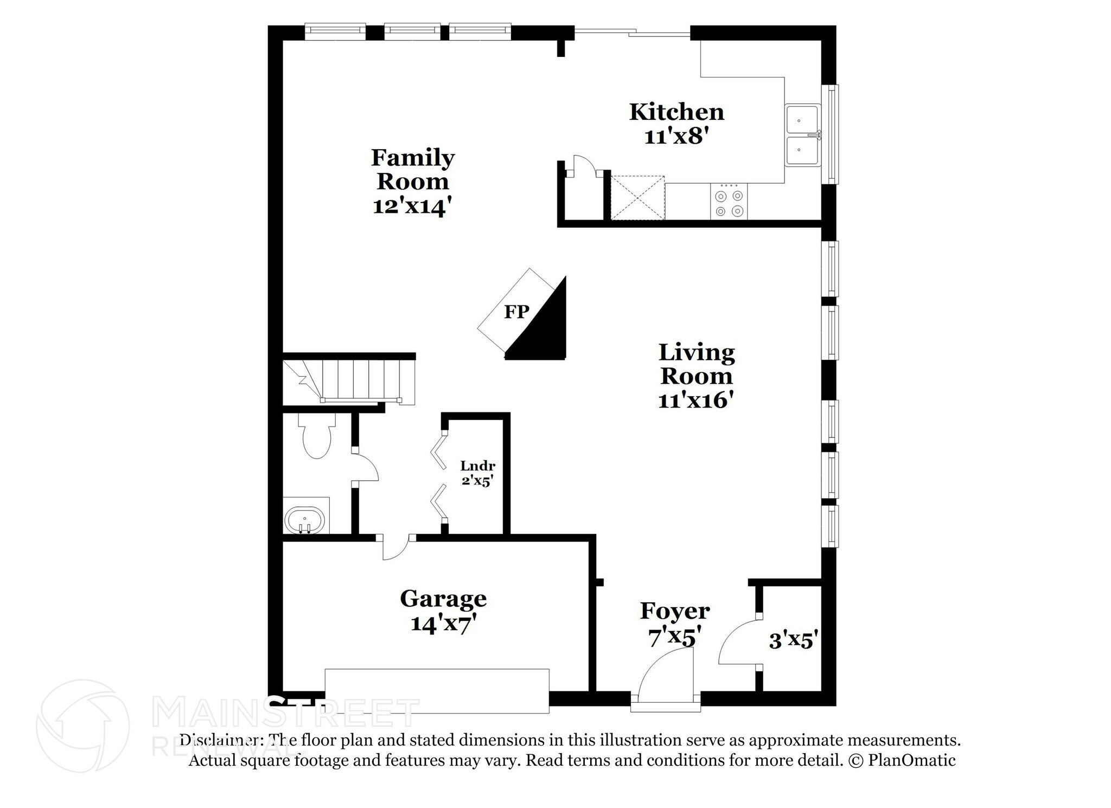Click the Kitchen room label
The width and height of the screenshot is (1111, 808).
[676, 112]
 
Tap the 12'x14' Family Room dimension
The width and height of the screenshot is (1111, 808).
[412, 206]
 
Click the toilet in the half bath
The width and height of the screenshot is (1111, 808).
[316, 437]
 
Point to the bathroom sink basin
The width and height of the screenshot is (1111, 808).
[304, 520]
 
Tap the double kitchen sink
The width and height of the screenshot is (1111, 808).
[803, 135]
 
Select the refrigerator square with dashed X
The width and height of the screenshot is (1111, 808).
[637, 198]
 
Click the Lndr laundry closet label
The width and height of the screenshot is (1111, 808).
[477, 466]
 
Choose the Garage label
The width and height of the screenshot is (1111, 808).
[443, 599]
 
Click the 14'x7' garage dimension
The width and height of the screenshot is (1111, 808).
[443, 624]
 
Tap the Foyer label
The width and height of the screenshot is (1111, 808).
[674, 611]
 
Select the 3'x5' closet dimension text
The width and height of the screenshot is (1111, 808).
[793, 641]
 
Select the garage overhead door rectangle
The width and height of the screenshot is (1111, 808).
[437, 691]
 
